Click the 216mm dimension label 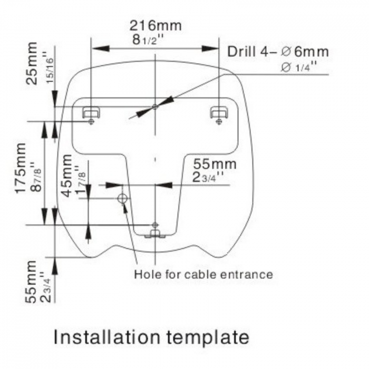(156, 25)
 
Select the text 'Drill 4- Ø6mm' (278, 52)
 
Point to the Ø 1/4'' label (299, 67)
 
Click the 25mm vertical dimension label (32, 63)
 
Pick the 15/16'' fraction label (50, 67)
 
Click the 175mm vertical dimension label (21, 168)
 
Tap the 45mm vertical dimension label (67, 176)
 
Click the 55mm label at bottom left (31, 281)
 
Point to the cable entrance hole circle (122, 198)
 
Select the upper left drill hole (91, 121)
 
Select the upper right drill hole (219, 121)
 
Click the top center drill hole (155, 107)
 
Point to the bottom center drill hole (155, 225)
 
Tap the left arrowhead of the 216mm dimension (101, 48)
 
